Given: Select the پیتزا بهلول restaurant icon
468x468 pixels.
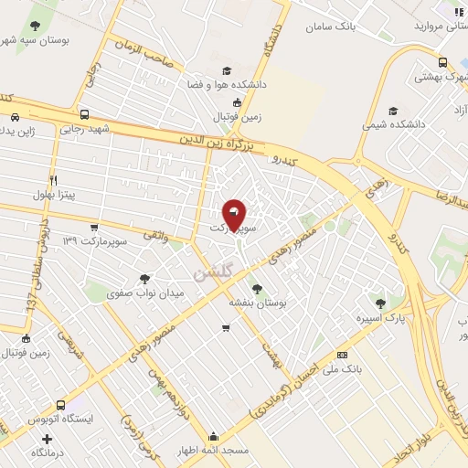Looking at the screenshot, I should [x=54, y=180].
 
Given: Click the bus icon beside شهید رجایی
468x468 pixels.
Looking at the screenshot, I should [x=84, y=115].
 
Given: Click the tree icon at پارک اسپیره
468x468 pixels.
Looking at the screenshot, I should [x=379, y=303].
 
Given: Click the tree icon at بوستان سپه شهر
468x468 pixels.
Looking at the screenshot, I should [x=35, y=26].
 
